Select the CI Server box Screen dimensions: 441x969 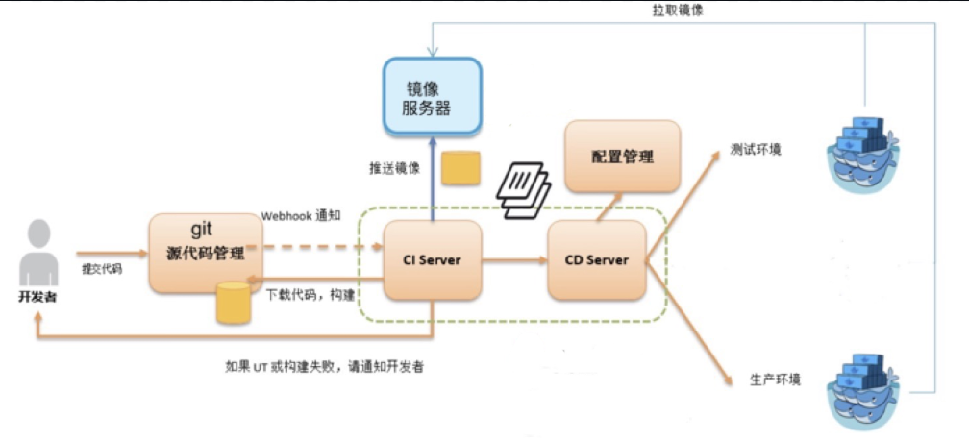tap(432, 260)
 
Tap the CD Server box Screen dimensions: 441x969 tap(596, 260)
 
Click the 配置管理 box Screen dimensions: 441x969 tap(622, 157)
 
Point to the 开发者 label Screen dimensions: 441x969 tap(37, 297)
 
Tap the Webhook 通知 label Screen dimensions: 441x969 tap(302, 217)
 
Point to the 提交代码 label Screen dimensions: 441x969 tap(101, 270)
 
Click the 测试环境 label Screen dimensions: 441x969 tap(756, 150)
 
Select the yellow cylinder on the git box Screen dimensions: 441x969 tap(233, 303)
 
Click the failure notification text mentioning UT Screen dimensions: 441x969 tap(325, 367)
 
